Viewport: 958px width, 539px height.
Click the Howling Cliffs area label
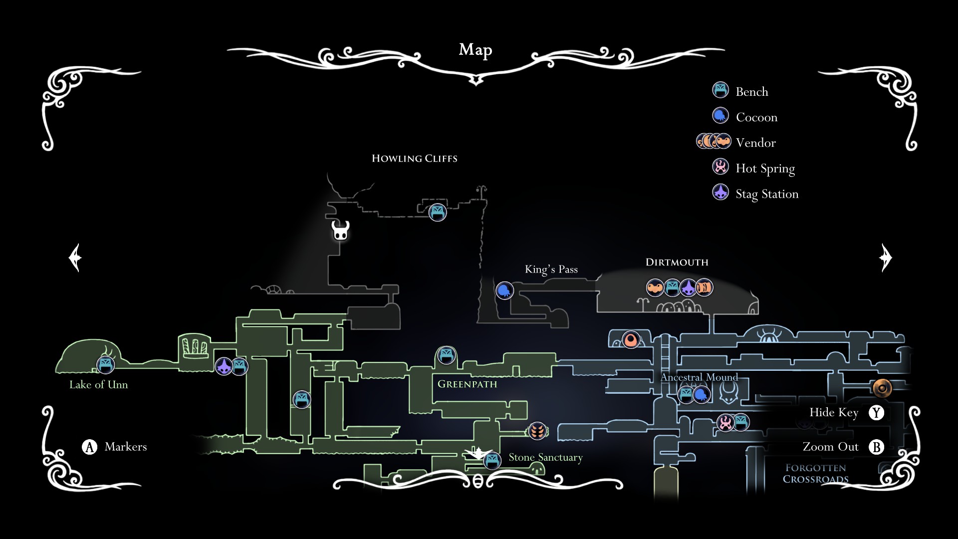point(415,159)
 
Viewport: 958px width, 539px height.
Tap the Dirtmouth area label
point(677,263)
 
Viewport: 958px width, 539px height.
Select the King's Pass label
point(551,269)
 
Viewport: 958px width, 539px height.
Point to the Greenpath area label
point(468,384)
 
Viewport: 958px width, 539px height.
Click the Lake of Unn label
point(99,385)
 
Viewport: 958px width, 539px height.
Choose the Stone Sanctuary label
point(545,458)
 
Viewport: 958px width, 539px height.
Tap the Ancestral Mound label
point(699,377)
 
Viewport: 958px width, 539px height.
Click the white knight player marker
point(341,231)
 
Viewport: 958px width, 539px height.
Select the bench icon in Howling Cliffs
point(438,213)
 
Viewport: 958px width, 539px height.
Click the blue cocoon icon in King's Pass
point(504,290)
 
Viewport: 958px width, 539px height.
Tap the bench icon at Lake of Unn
point(105,365)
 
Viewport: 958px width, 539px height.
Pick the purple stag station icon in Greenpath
point(224,366)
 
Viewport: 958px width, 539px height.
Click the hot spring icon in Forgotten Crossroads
point(725,423)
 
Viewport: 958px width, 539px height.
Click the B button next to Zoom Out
point(876,447)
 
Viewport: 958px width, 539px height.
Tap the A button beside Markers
point(89,447)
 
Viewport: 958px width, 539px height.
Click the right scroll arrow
point(885,258)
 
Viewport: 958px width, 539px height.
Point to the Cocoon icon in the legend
point(720,116)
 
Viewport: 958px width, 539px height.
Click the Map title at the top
point(476,50)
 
